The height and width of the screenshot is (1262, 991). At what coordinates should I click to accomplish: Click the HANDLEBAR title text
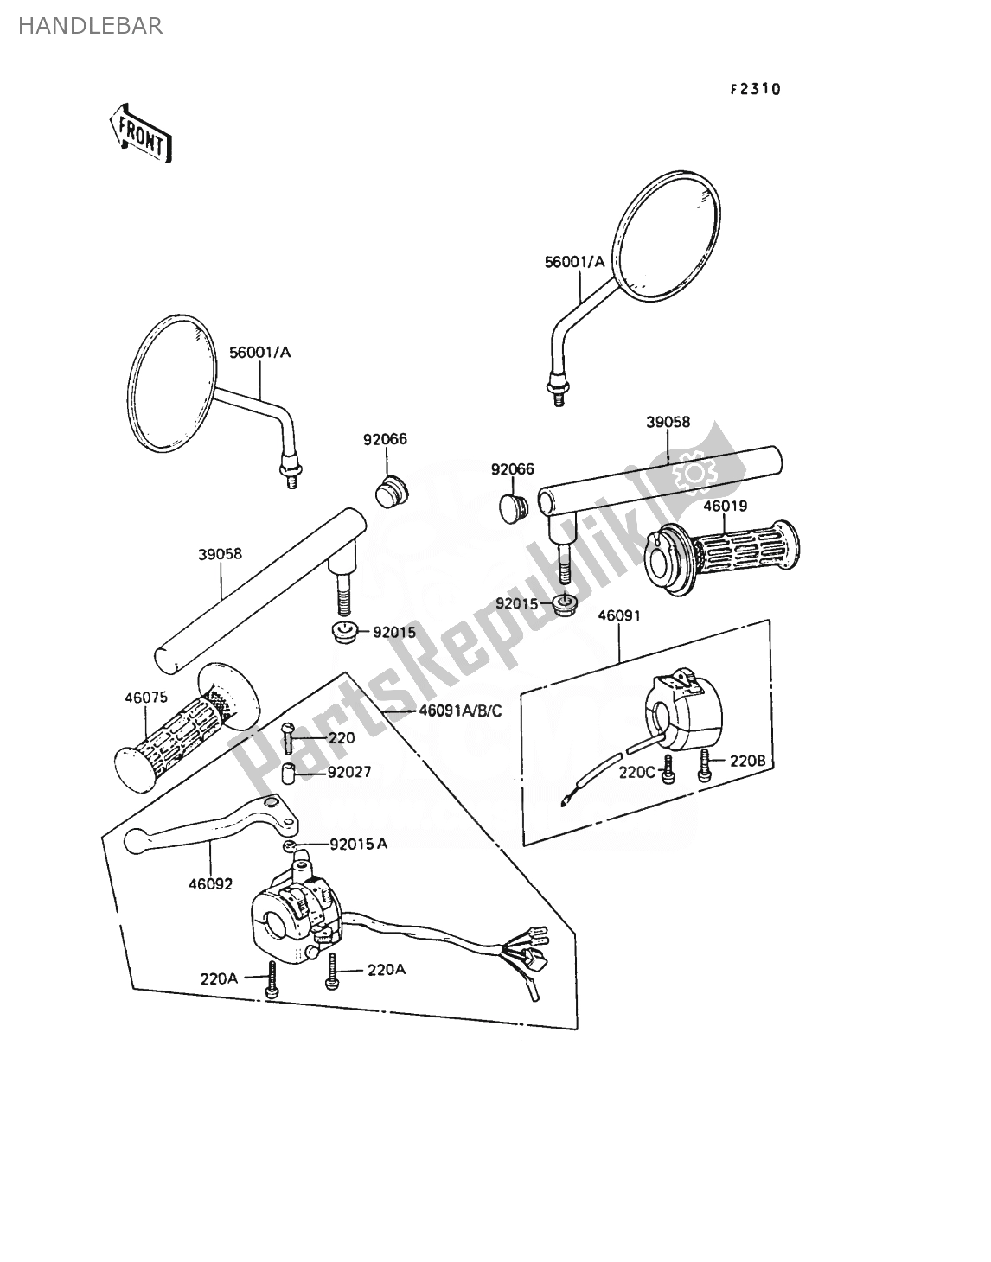[x=91, y=26]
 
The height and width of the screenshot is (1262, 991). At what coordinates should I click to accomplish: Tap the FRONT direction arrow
[x=141, y=134]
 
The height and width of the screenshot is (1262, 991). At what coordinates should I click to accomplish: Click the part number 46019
[x=726, y=506]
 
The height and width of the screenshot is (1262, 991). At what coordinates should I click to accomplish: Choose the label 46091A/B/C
[x=460, y=711]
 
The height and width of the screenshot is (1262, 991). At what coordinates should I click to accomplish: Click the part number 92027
[x=349, y=772]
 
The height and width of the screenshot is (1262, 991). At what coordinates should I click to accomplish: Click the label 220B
[x=747, y=761]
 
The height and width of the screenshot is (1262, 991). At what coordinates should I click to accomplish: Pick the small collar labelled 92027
[x=288, y=774]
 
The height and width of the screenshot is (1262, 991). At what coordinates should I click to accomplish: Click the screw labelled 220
[x=289, y=739]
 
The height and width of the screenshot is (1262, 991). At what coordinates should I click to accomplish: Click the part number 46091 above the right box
[x=619, y=615]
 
